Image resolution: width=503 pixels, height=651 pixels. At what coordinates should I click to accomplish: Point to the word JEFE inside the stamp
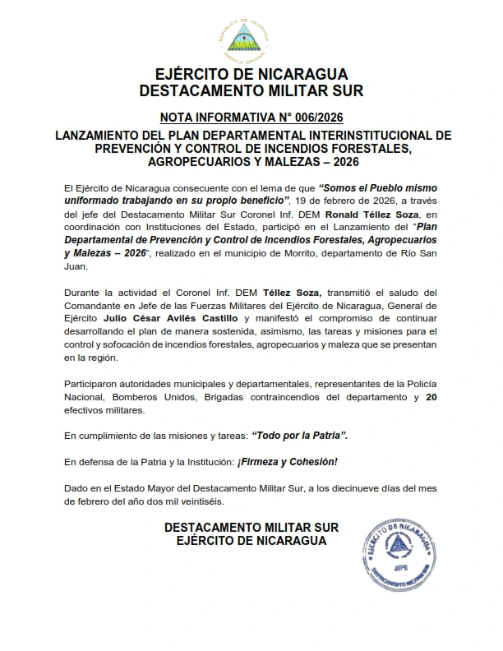398,566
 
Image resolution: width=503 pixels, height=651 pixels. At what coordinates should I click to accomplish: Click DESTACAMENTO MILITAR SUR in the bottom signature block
251,528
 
